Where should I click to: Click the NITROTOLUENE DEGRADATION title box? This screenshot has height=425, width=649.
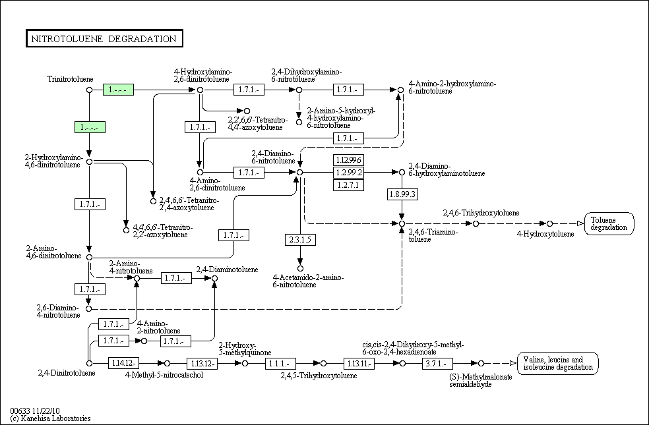pyautogui.click(x=104, y=39)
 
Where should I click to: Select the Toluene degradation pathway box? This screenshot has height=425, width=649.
pyautogui.click(x=609, y=223)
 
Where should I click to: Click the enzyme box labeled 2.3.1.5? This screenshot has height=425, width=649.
pyautogui.click(x=300, y=240)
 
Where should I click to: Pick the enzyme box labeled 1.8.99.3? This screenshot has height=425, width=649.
pyautogui.click(x=402, y=194)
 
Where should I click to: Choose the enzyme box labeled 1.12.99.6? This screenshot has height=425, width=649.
pyautogui.click(x=349, y=160)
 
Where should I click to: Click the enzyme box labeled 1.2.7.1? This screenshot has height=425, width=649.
pyautogui.click(x=349, y=185)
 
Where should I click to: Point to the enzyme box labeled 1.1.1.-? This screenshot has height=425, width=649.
pyautogui.click(x=281, y=363)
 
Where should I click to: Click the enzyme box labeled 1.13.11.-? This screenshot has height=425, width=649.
pyautogui.click(x=359, y=363)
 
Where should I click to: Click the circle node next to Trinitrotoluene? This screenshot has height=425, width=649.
pyautogui.click(x=90, y=90)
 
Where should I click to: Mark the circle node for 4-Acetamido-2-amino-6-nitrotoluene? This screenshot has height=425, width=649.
pyautogui.click(x=300, y=268)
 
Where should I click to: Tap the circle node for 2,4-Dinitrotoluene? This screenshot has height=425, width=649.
pyautogui.click(x=90, y=363)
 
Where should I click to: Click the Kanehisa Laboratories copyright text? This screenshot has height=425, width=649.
pyautogui.click(x=51, y=418)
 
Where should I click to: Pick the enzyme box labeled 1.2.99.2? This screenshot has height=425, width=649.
pyautogui.click(x=349, y=173)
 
